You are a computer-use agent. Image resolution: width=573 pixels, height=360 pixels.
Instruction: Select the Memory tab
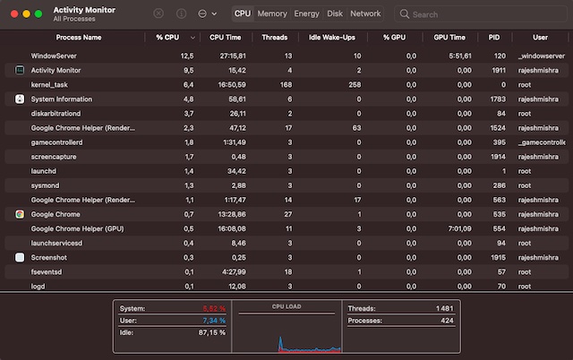(272, 14)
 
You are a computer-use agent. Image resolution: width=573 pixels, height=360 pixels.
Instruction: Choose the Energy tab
(306, 14)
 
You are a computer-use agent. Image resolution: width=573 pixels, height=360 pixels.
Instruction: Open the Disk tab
(335, 14)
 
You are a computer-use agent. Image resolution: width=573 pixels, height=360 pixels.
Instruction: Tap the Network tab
(365, 14)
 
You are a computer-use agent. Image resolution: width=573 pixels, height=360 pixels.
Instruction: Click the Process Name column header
(79, 39)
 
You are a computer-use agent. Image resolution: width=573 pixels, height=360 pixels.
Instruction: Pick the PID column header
(494, 39)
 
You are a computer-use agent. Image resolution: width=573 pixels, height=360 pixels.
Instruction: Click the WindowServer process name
(55, 56)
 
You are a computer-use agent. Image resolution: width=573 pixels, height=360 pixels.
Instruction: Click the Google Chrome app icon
(21, 214)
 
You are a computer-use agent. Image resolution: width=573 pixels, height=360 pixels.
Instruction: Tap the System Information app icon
(21, 99)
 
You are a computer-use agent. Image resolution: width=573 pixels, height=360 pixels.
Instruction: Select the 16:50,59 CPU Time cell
(228, 84)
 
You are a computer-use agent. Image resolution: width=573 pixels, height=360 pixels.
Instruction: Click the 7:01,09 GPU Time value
(458, 228)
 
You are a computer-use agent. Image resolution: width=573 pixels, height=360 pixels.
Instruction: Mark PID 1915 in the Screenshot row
(498, 257)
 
